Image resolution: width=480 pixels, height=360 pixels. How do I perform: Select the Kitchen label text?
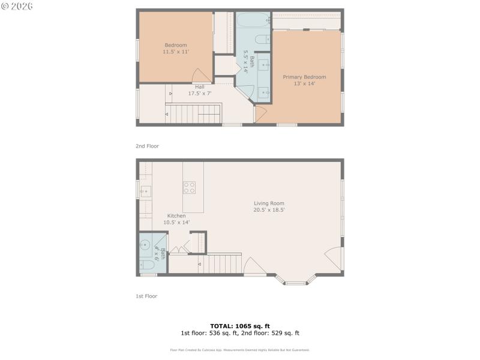pyautogui.click(x=176, y=216)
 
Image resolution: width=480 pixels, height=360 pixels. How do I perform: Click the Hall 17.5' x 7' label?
pyautogui.click(x=200, y=90)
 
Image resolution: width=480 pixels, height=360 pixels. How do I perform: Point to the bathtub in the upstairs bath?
pyautogui.click(x=252, y=22)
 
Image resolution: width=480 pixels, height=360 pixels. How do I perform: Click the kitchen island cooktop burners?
pyautogui.click(x=189, y=187)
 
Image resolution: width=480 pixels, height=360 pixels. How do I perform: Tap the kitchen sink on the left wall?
pyautogui.click(x=145, y=192)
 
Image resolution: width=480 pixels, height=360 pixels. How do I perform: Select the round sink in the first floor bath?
pyautogui.click(x=145, y=244)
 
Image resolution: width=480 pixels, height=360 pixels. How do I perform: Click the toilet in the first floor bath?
pyautogui.click(x=146, y=265)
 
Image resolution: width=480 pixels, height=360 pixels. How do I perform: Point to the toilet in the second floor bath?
pyautogui.click(x=262, y=40)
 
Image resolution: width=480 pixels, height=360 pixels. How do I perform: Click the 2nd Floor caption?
pyautogui.click(x=147, y=146)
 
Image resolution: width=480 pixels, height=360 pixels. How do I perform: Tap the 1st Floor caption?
pyautogui.click(x=146, y=296)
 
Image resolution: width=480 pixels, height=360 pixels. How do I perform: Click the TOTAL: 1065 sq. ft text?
pyautogui.click(x=240, y=326)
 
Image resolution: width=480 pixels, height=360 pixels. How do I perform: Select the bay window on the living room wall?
pyautogui.click(x=295, y=280)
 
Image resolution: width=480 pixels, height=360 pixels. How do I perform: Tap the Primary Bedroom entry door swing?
pyautogui.click(x=260, y=114)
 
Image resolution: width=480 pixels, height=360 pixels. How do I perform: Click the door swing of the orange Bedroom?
pyautogui.click(x=200, y=76)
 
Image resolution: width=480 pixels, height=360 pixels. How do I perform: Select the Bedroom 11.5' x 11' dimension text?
pyautogui.click(x=176, y=52)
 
